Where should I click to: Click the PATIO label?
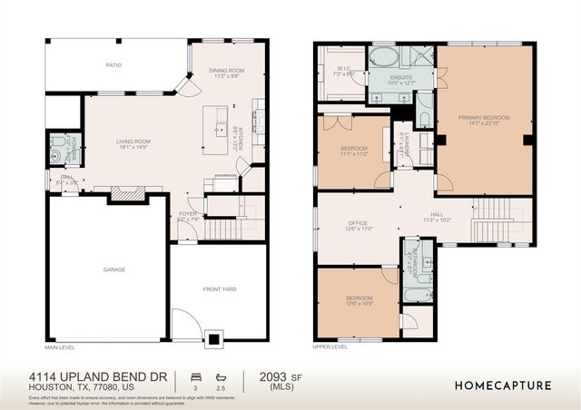(113, 65)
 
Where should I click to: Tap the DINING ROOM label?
(227, 71)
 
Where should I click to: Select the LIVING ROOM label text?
(133, 142)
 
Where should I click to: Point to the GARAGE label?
(114, 269)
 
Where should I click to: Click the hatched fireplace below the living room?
(126, 193)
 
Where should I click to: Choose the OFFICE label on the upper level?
(358, 223)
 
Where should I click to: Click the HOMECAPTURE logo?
(503, 385)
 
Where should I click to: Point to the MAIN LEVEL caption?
(61, 348)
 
